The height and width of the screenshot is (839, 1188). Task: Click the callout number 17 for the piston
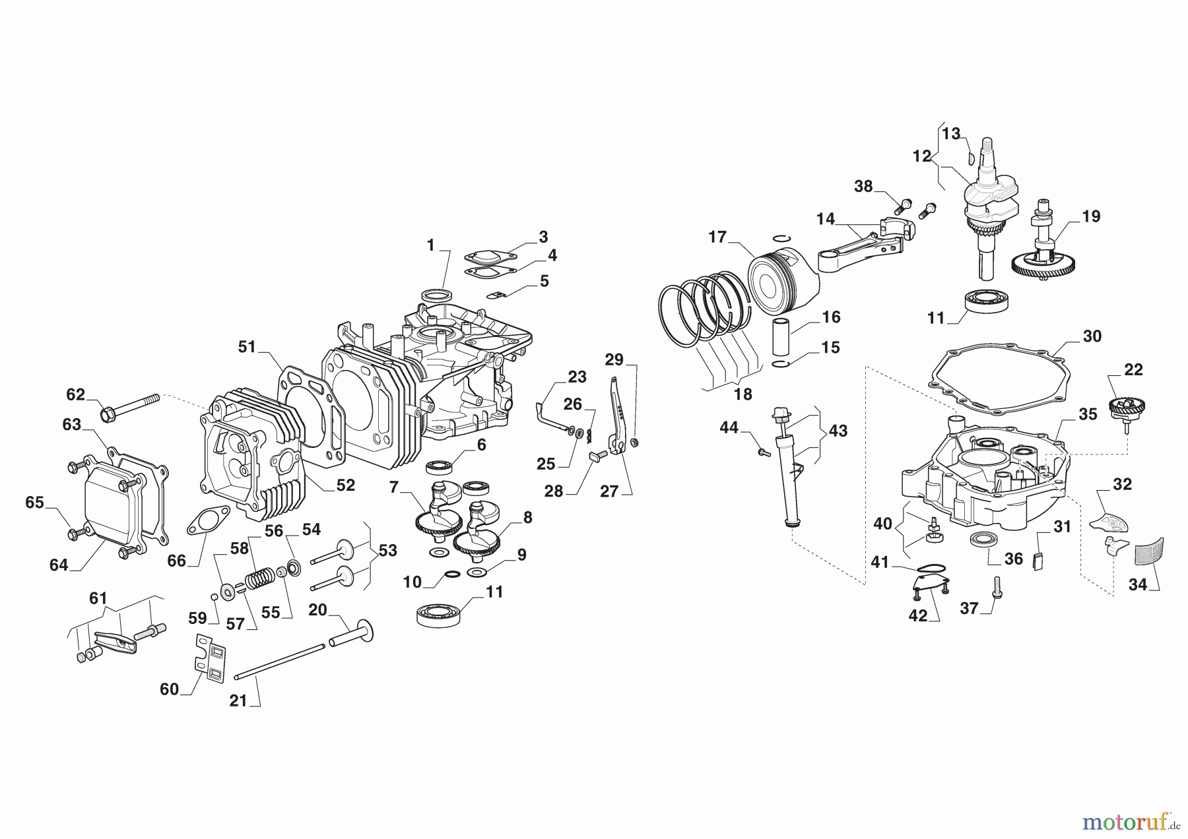tap(717, 237)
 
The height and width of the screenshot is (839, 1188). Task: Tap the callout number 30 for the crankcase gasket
tap(1092, 336)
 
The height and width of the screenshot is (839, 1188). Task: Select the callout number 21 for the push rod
tap(238, 700)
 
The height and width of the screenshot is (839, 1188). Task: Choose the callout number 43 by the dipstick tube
tap(838, 431)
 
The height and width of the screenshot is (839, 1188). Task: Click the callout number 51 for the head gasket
tap(247, 347)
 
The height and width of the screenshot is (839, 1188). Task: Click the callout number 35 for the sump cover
tap(1087, 414)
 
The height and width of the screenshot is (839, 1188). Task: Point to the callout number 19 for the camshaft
tap(1091, 216)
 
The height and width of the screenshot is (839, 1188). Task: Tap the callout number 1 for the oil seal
tap(430, 246)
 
